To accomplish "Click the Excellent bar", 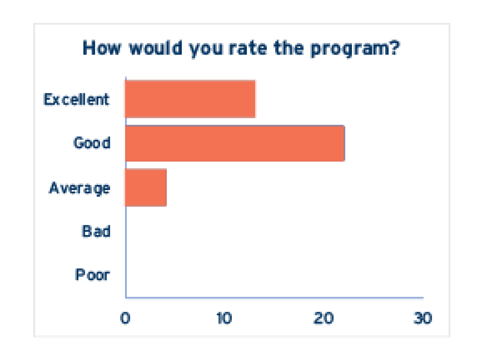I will (x=190, y=99).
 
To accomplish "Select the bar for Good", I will (x=235, y=143).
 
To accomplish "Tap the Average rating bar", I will (x=146, y=188).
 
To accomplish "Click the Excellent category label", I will (x=76, y=99).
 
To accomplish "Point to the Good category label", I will (x=92, y=143).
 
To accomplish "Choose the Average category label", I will (x=80, y=188).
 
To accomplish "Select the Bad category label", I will (x=96, y=232).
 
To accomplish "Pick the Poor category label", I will (x=92, y=275).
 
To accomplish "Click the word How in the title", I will (x=102, y=49).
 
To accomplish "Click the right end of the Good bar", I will (x=343, y=143).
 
